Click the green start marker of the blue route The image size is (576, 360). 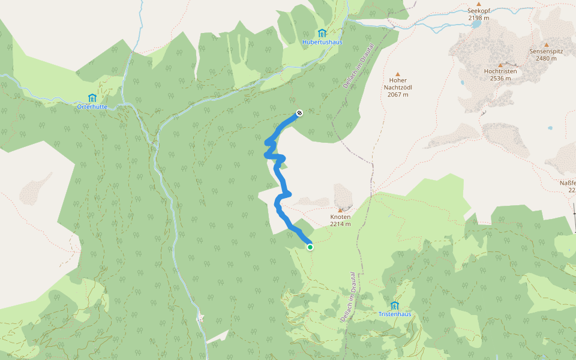[310, 247]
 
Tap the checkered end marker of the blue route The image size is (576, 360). [299, 112]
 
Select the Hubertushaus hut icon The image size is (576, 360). [322, 33]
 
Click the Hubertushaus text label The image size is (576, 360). [322, 42]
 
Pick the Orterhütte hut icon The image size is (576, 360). [92, 98]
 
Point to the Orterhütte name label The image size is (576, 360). [92, 107]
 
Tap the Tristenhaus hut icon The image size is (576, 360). [394, 305]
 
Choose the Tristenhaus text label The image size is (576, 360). [394, 314]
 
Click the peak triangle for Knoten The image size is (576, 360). [340, 209]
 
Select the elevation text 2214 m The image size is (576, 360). [340, 224]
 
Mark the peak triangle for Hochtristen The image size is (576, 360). [500, 65]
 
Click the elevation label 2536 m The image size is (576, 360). [500, 78]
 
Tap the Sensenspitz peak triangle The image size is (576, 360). [546, 44]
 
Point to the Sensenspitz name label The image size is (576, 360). [546, 52]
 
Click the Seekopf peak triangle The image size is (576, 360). [479, 4]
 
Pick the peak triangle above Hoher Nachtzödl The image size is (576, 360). [397, 74]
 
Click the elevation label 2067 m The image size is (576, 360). [398, 94]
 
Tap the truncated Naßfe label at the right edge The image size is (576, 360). [567, 182]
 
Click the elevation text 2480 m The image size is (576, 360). [546, 58]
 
